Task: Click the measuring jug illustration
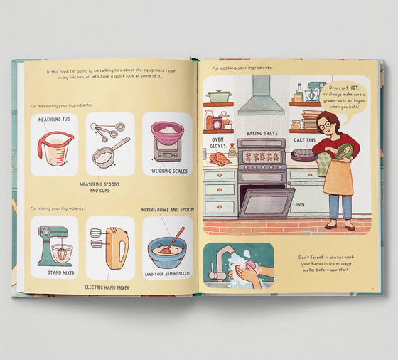[x=55, y=149]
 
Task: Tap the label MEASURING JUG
[x=54, y=120]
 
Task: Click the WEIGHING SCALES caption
[x=168, y=171]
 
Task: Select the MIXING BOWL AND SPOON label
[x=168, y=211]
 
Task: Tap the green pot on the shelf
[x=218, y=96]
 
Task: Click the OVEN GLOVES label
[x=217, y=144]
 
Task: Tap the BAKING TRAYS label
[x=262, y=133]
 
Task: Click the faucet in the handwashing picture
[x=221, y=257]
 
